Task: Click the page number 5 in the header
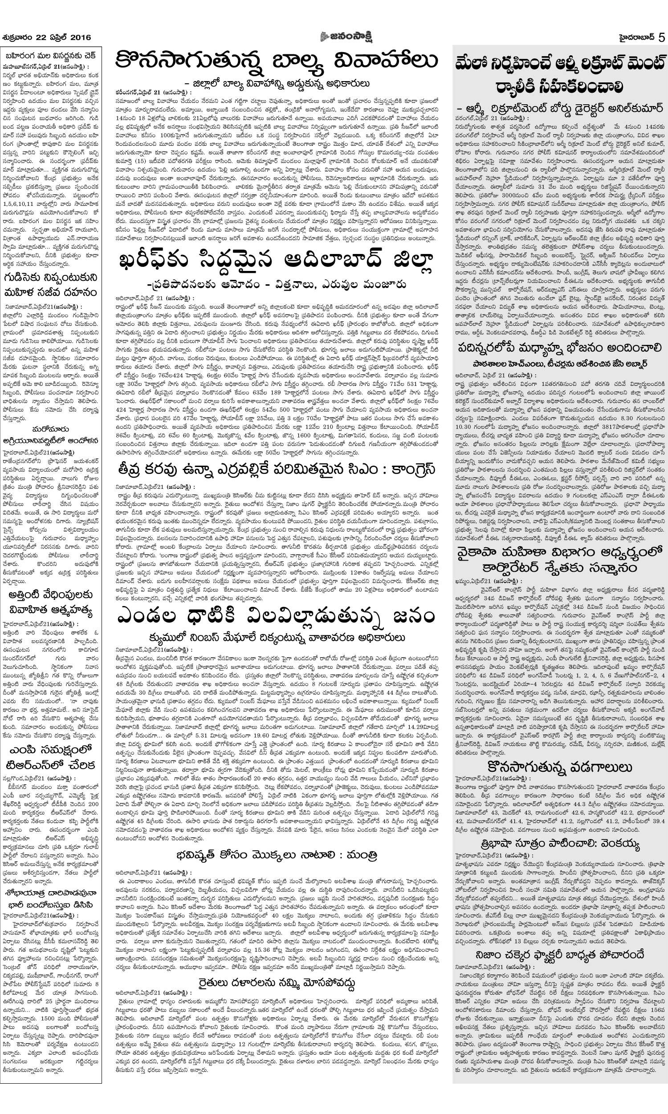click(x=660, y=37)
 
